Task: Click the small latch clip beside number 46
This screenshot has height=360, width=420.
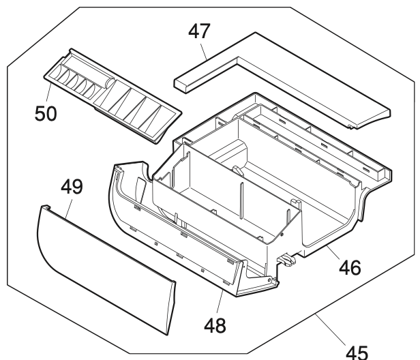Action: (287, 258)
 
